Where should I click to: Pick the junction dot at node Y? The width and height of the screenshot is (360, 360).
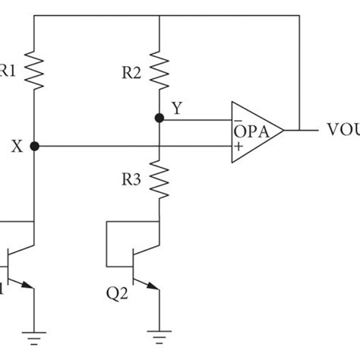point(159,118)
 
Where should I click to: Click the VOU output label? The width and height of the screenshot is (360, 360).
point(342,130)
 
